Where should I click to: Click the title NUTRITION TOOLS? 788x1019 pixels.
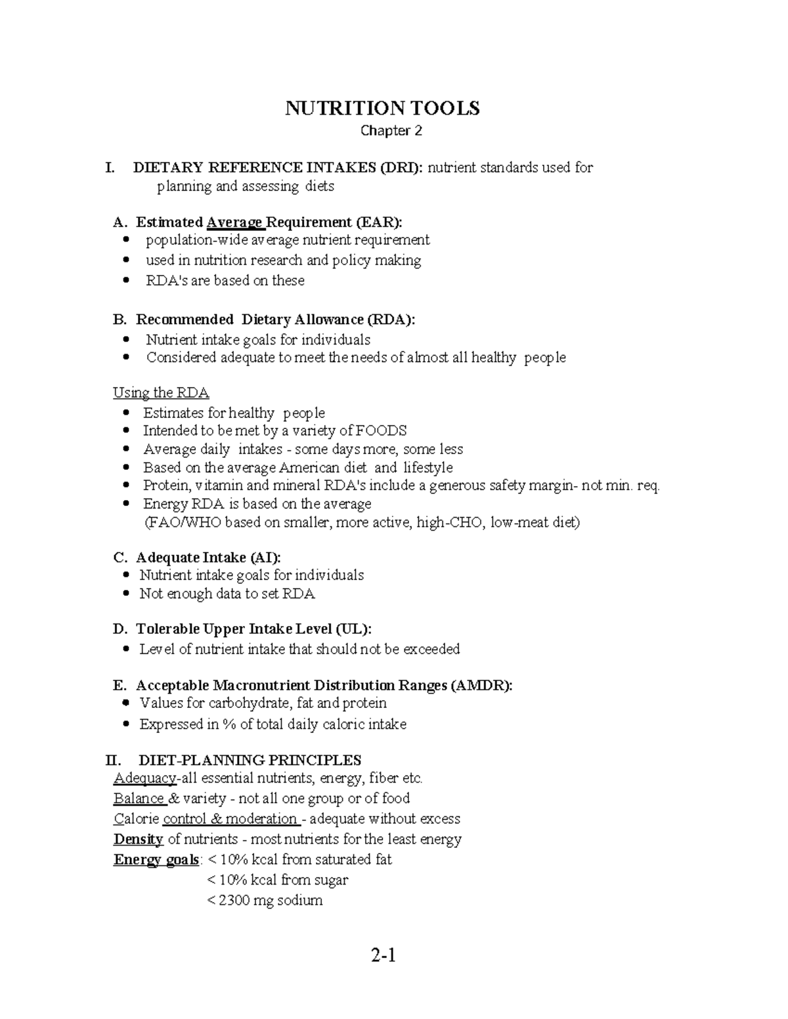click(x=382, y=108)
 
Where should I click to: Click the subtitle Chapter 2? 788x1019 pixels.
click(x=391, y=131)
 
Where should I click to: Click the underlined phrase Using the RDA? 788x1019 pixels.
click(x=161, y=392)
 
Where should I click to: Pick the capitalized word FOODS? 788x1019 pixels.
click(x=381, y=430)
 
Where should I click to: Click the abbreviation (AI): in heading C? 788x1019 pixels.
click(x=265, y=558)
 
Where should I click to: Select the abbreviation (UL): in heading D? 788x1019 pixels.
click(x=353, y=629)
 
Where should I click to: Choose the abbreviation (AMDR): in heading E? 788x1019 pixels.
click(x=481, y=685)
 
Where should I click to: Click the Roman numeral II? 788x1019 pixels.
click(x=113, y=760)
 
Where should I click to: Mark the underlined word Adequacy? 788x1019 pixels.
click(x=144, y=778)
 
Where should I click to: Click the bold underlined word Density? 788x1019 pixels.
click(x=138, y=839)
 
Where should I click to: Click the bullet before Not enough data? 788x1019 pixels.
click(x=127, y=594)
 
